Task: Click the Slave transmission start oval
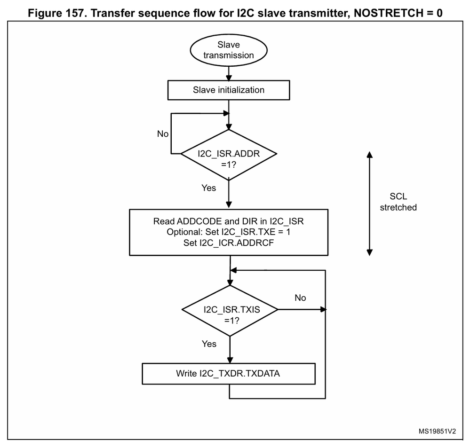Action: [229, 50]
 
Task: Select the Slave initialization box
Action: [229, 90]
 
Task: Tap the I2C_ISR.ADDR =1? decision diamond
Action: [229, 154]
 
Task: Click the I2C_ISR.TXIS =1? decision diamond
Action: [229, 310]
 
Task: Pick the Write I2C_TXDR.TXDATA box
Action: [229, 375]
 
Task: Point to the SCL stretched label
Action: [398, 203]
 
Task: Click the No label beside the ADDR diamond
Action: [163, 134]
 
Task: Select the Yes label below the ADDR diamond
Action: [208, 188]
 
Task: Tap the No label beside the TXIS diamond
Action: [300, 298]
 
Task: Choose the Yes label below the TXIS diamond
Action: [209, 344]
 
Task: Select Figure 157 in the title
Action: [58, 13]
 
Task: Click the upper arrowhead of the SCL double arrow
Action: [370, 155]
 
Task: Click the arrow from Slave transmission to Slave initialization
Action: [229, 73]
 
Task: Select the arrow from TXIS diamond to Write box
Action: [229, 350]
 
